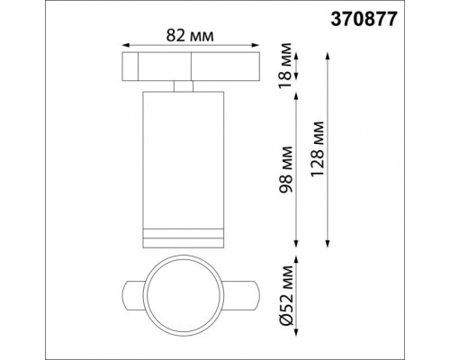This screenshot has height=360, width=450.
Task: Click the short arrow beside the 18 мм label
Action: [x=298, y=67]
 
